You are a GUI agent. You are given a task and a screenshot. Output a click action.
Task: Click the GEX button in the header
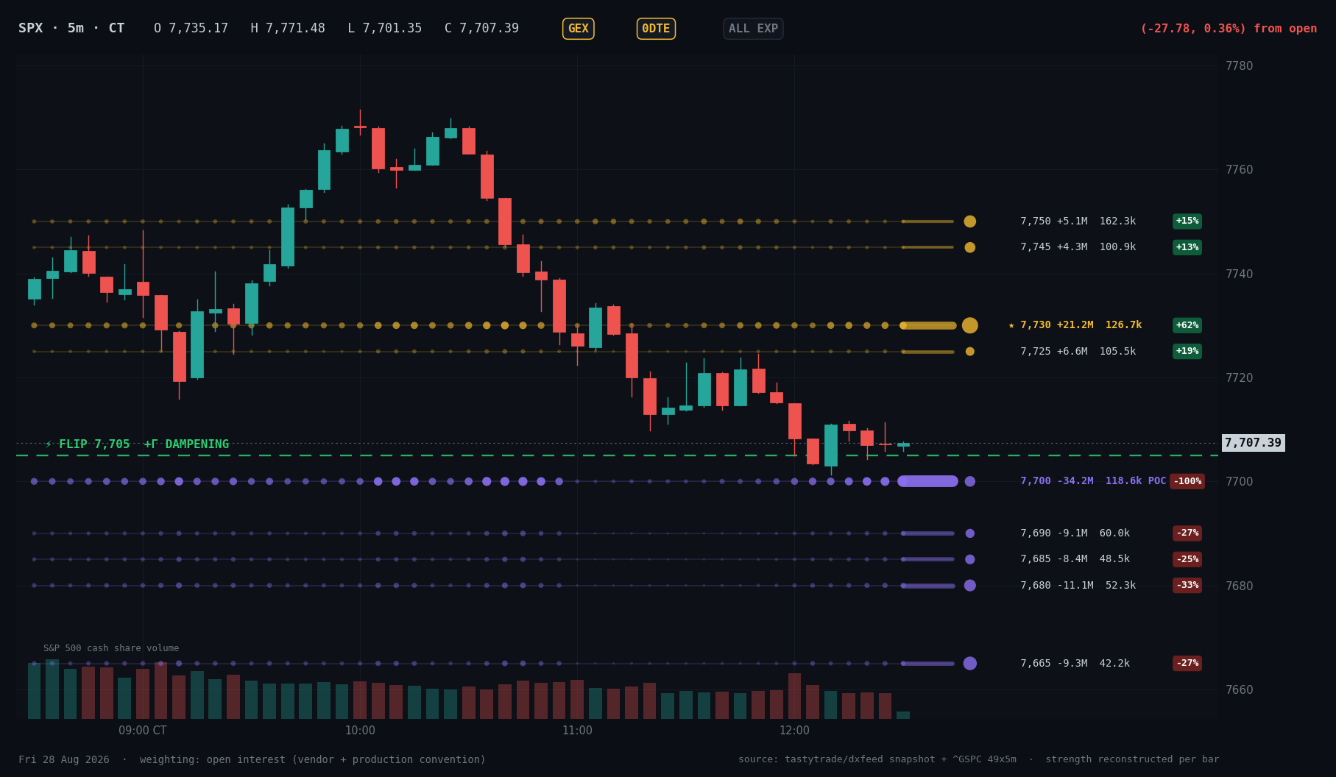(578, 29)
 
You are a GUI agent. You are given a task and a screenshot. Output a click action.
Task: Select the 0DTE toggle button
(656, 29)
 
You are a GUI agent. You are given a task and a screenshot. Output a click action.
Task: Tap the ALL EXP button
(753, 29)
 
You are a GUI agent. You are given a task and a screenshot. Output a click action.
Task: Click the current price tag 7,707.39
(1253, 443)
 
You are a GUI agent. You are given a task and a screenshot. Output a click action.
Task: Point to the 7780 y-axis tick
(1239, 65)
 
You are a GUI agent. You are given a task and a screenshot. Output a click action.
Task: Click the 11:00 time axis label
(577, 731)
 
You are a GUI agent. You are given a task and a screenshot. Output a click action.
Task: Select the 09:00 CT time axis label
(143, 731)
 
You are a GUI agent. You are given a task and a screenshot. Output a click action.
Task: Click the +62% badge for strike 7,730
(1187, 325)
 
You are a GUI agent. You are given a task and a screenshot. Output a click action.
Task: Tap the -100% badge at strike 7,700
(1187, 481)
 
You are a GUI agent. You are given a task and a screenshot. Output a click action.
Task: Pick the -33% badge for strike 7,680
(1187, 586)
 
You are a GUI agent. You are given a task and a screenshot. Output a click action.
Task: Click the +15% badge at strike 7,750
(1187, 221)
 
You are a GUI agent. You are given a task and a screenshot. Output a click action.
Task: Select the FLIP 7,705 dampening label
(137, 444)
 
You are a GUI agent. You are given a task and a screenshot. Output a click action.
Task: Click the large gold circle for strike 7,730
(970, 325)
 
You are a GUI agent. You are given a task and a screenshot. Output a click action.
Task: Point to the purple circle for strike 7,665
(970, 664)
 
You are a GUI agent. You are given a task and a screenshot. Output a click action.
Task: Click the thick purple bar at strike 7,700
(928, 481)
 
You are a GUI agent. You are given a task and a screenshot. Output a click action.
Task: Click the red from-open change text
(1229, 29)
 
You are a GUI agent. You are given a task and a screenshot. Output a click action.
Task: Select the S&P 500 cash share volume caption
(111, 648)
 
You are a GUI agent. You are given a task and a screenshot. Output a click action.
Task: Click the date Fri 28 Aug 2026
(64, 759)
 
